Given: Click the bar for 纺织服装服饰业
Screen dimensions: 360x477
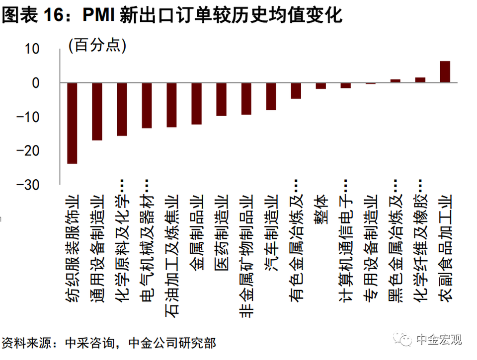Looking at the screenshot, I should [x=72, y=123].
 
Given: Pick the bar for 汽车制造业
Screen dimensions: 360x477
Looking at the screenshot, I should [x=271, y=96].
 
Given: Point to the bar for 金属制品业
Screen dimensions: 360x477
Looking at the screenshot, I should [x=196, y=103].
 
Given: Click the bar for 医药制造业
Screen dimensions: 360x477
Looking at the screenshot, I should [x=221, y=99].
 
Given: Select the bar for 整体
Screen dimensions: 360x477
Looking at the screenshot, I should [x=321, y=86].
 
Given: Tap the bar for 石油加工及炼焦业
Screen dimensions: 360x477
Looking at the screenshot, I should [x=171, y=105].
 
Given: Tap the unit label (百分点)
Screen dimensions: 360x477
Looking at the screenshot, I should [x=97, y=45].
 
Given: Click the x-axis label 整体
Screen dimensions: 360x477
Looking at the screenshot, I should [x=321, y=210].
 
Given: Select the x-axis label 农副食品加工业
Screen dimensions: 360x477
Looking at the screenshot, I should [x=446, y=247].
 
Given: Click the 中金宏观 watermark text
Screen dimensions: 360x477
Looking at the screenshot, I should [x=439, y=339].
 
